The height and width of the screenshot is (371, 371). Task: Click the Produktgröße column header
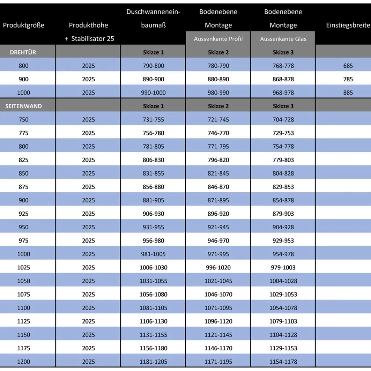23,25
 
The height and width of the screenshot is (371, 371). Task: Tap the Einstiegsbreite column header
348,25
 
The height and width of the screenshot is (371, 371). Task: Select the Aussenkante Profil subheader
218,39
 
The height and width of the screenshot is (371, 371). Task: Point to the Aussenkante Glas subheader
283,39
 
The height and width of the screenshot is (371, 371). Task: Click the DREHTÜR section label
23,52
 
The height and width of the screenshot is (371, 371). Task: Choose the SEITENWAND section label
23,106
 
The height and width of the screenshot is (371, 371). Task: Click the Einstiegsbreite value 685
348,66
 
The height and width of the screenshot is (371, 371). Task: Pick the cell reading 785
348,79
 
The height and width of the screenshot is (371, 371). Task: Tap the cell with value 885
348,93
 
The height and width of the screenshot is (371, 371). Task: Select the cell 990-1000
153,93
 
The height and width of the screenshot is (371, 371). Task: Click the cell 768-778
283,66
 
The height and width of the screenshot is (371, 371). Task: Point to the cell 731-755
153,119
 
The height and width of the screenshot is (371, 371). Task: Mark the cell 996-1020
218,267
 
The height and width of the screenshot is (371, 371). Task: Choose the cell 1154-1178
283,361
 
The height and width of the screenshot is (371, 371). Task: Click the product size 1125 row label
23,321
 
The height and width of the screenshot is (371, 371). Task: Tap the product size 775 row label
23,133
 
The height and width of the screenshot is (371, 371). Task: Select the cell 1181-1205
153,361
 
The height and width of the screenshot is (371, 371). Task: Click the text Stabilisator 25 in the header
92,39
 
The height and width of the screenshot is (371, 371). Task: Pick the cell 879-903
283,214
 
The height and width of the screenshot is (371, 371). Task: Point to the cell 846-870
218,187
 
